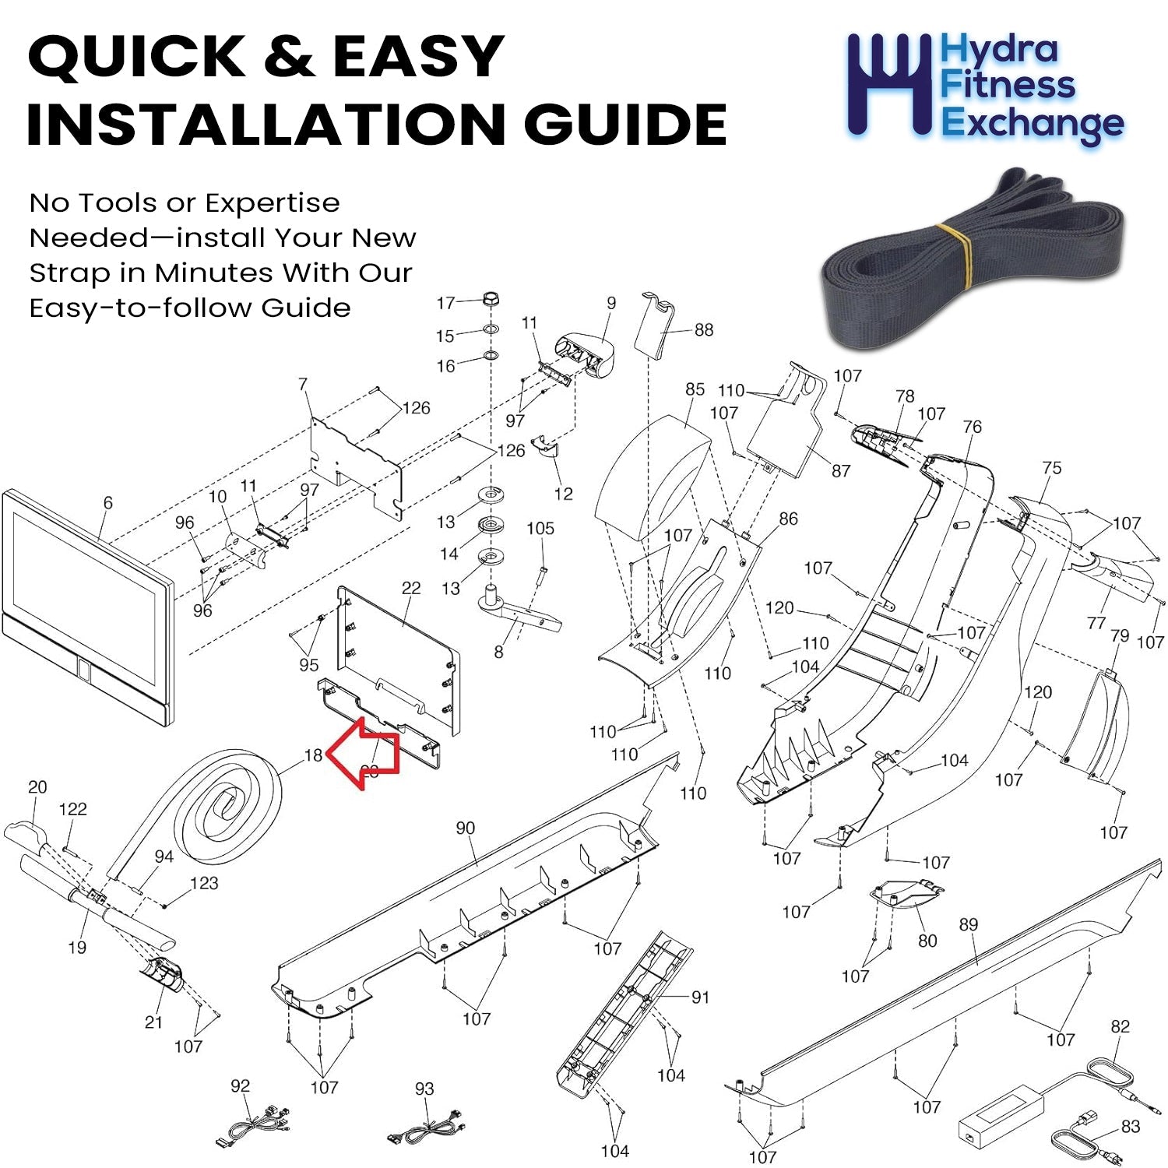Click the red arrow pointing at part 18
point(364,752)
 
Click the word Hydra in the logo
point(999,50)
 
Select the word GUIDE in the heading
point(624,125)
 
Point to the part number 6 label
point(107,503)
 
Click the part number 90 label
point(465,828)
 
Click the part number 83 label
point(1131,1126)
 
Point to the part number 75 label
point(1051,467)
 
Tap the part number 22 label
point(410,588)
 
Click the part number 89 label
point(968,924)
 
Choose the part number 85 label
point(695,389)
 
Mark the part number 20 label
point(37,787)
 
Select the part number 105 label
point(540,529)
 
